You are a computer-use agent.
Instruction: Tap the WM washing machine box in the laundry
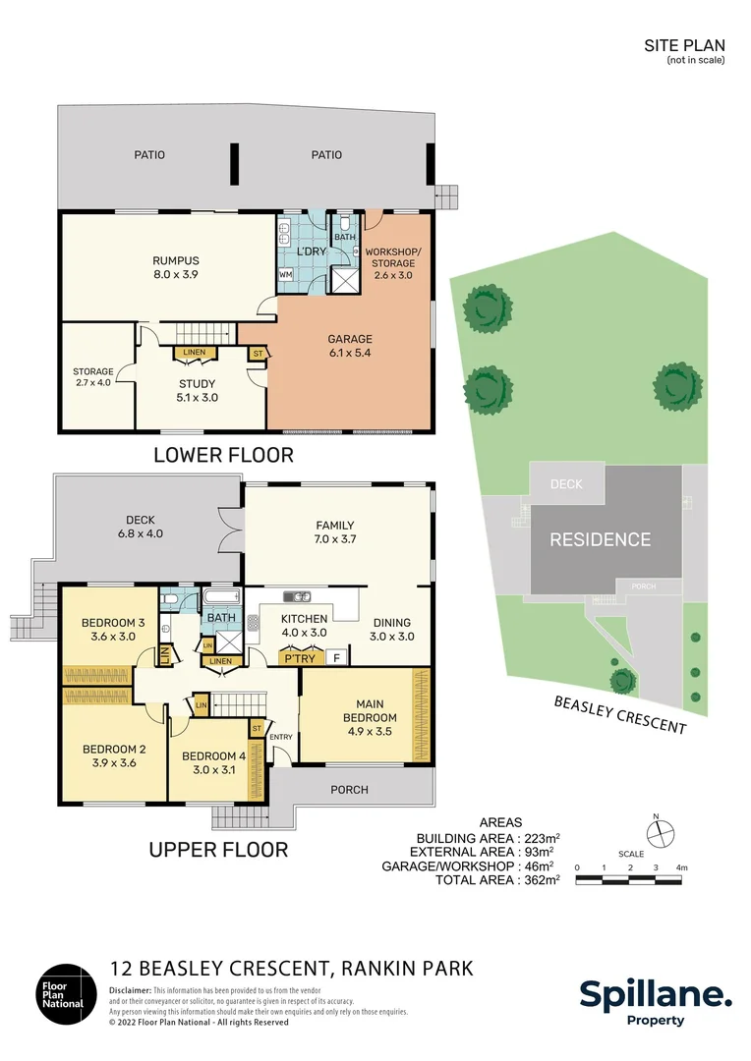click(x=286, y=275)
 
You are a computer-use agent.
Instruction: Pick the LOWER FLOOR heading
click(x=223, y=455)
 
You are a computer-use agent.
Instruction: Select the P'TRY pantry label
click(x=300, y=658)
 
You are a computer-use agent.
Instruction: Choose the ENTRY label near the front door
click(x=281, y=737)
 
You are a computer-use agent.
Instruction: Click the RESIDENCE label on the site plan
click(x=600, y=539)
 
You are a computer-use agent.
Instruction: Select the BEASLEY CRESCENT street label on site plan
click(x=619, y=714)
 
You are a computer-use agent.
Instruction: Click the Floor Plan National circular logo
click(x=66, y=993)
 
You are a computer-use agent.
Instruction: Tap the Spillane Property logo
click(x=655, y=1002)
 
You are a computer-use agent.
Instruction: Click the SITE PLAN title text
click(x=684, y=45)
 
